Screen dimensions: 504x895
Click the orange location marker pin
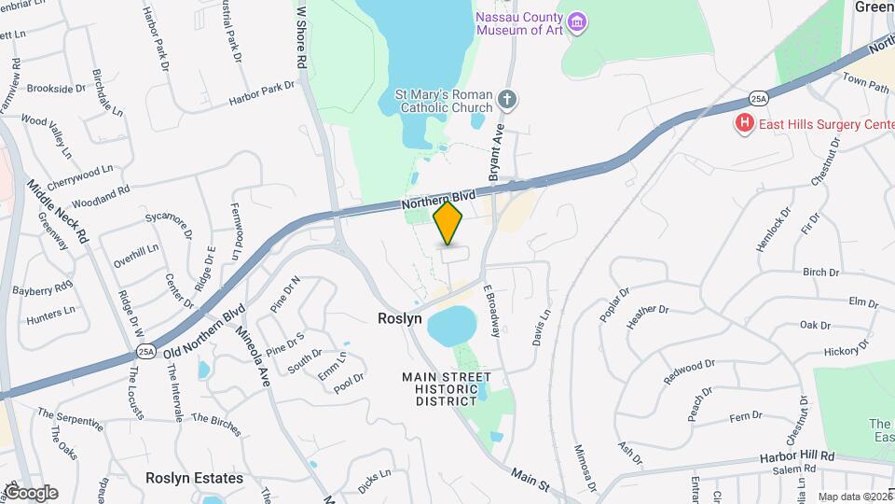448,224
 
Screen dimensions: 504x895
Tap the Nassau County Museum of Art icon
577,21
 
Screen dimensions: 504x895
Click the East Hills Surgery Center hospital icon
744,123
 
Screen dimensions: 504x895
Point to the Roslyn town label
400,318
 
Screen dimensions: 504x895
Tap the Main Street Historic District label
446,387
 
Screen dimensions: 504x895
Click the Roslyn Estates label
194,478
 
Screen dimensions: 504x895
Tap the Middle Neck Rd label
58,212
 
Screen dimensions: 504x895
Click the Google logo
30,493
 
